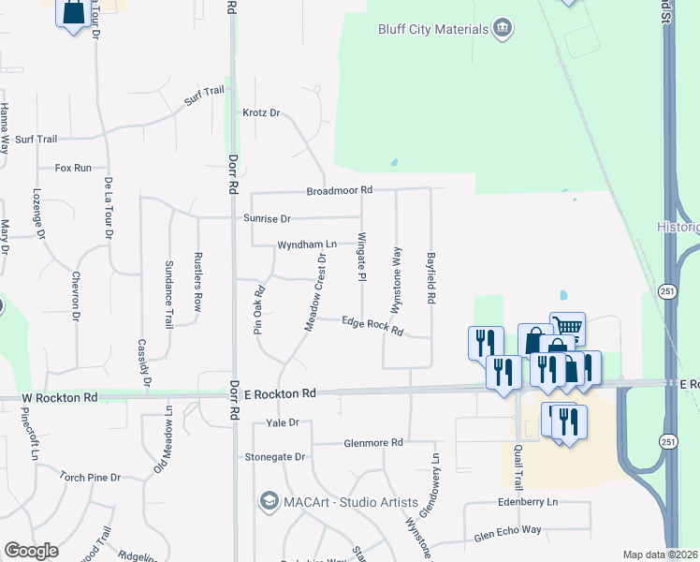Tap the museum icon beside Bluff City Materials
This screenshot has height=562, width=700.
pos(503,28)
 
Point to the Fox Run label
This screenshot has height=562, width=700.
pos(73,168)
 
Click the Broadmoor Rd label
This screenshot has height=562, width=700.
pos(339,190)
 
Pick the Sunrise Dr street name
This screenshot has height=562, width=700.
pos(267,218)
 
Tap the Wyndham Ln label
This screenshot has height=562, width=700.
pos(306,244)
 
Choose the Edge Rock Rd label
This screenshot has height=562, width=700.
pos(372,326)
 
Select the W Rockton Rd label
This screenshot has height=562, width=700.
pos(59,398)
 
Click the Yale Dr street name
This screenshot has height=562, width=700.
pos(282,423)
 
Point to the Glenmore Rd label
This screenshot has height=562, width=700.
pos(372,442)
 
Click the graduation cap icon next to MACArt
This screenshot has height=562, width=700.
pos(270,502)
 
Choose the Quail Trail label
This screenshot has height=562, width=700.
pos(518,466)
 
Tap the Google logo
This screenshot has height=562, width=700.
pos(32,551)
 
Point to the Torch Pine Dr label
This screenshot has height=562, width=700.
pos(90,477)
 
